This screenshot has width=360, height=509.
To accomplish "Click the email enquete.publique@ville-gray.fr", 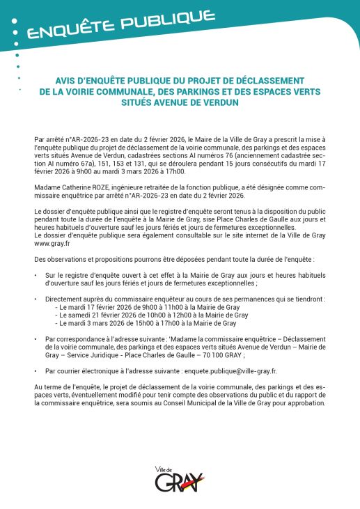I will (217, 372).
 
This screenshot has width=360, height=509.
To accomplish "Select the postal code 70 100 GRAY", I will (225, 354).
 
